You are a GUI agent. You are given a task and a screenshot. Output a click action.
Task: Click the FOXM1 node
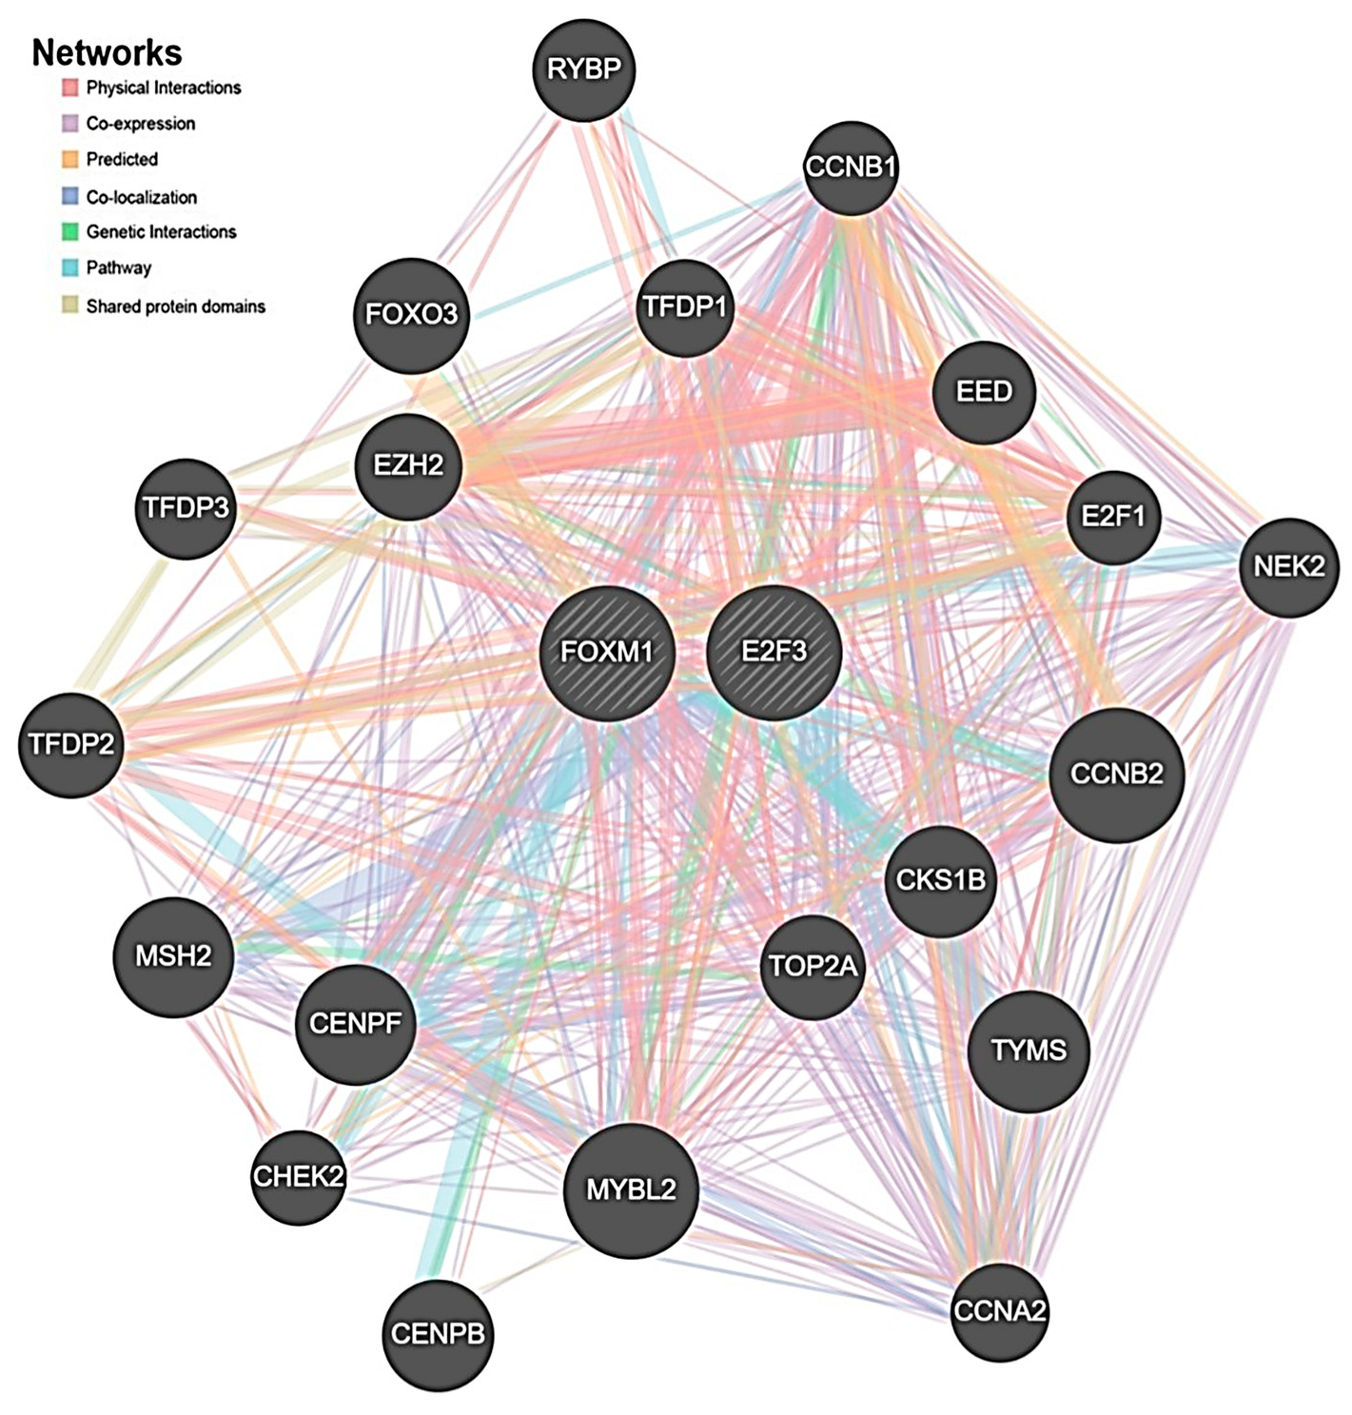click(x=607, y=653)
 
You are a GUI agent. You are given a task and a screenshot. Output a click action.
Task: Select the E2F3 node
click(x=774, y=652)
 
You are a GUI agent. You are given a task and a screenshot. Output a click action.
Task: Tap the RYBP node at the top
click(x=584, y=69)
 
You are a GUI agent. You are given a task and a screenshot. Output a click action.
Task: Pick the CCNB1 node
click(x=851, y=167)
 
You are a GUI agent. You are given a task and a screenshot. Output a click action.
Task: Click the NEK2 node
click(x=1289, y=567)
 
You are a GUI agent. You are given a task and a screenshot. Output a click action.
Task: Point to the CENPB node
click(x=439, y=1334)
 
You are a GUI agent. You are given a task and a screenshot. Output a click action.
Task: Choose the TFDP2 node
click(x=71, y=743)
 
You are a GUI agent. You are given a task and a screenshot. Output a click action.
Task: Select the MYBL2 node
click(x=631, y=1189)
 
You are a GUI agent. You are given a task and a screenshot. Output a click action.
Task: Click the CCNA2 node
click(x=1000, y=1311)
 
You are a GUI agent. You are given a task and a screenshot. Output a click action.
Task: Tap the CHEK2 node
click(x=298, y=1177)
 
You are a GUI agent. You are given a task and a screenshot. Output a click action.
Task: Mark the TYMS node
click(x=1029, y=1051)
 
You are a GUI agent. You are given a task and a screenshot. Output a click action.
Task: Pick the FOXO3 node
click(x=412, y=314)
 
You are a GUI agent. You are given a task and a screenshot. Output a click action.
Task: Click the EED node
click(x=984, y=392)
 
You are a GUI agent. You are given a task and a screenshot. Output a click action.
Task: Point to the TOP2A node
click(x=813, y=968)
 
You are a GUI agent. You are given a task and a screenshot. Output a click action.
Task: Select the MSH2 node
click(x=173, y=956)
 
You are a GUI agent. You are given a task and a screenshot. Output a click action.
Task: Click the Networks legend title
click(x=107, y=52)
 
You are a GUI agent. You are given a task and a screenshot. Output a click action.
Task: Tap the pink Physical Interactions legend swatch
click(x=69, y=88)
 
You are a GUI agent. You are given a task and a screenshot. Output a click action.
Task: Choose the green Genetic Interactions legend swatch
click(x=69, y=232)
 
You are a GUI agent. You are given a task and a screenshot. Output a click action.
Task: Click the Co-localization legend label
click(x=142, y=198)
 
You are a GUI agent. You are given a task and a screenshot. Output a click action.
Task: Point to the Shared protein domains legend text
click(x=175, y=306)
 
